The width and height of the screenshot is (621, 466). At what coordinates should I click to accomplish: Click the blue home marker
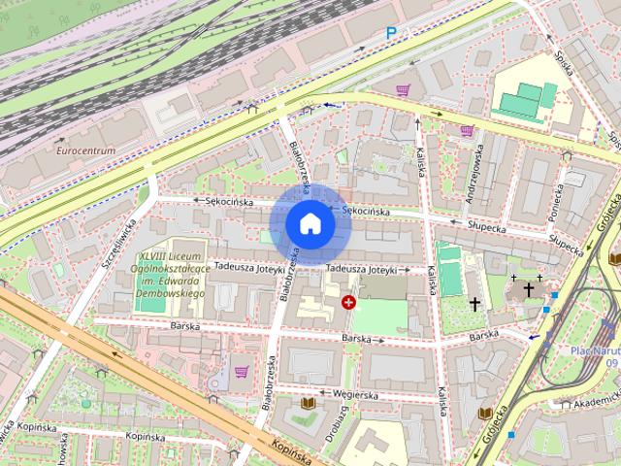310,224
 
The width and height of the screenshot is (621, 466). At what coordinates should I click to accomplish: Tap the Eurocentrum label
85,150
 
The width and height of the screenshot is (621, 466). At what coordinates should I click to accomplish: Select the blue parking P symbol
391,33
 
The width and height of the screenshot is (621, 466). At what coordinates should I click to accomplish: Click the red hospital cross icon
349,303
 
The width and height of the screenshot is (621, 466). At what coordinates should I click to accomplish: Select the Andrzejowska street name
473,175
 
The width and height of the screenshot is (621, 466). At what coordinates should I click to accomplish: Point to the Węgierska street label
353,395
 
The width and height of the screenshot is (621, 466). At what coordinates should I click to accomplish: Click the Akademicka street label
595,400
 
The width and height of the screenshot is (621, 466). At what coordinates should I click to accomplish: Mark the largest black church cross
529,289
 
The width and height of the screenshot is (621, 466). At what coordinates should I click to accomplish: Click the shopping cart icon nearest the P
403,90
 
